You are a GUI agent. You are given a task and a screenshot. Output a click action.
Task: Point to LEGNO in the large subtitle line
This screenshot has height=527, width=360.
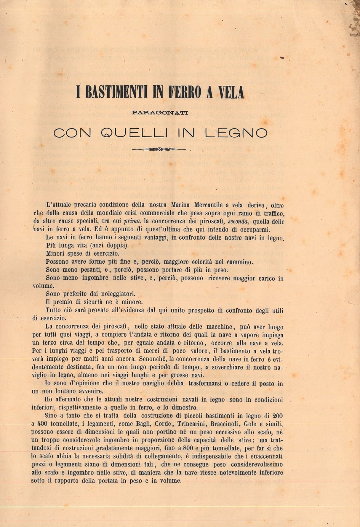click(x=236, y=133)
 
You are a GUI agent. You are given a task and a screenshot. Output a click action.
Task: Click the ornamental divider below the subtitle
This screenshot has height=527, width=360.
click(x=159, y=149)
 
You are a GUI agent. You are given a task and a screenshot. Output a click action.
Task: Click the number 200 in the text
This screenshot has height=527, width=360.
click(x=278, y=416)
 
